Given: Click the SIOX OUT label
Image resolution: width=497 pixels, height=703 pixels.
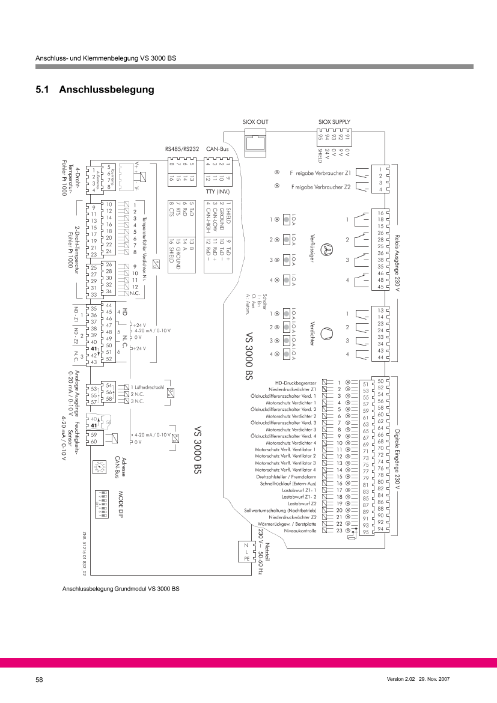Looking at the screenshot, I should click(x=255, y=122).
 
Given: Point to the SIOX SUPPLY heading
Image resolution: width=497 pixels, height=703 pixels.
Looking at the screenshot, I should click(x=334, y=122).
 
